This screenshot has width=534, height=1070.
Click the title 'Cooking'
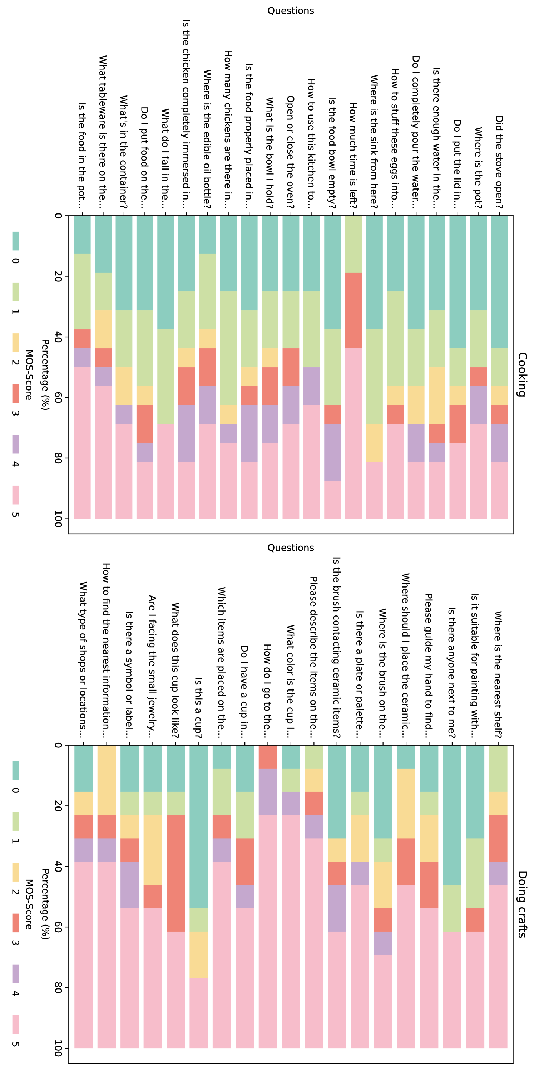pos(522,374)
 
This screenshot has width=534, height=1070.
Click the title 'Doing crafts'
pos(522,904)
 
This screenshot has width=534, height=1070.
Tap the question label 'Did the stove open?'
pos(499,162)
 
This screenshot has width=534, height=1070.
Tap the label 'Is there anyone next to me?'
pos(451,672)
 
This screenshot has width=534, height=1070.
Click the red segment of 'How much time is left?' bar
pos(353,310)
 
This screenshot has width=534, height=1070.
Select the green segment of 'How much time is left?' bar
pos(353,244)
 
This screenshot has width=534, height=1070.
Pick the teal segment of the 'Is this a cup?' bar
pos(198,826)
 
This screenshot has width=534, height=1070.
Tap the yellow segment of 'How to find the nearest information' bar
pos(107,780)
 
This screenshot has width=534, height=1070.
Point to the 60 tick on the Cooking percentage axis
pos(58,398)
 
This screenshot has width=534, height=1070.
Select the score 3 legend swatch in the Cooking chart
pos(15,393)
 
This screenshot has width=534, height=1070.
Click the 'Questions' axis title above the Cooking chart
pos(291,11)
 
